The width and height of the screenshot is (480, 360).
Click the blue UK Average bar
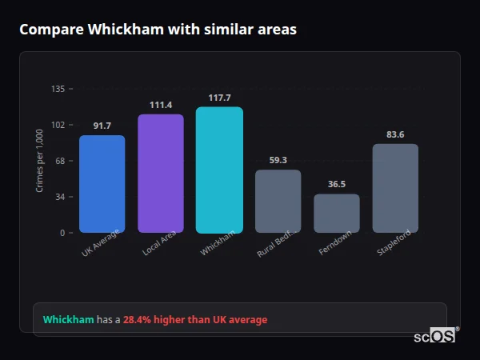102,184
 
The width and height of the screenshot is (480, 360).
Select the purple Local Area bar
161,174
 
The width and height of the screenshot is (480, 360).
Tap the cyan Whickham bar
219,170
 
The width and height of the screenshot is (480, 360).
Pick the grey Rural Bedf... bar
278,201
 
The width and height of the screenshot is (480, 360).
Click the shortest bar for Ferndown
337,214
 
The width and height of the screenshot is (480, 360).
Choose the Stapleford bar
395,188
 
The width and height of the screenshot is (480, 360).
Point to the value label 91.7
102,126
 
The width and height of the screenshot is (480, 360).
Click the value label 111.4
161,106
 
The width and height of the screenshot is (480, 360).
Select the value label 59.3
278,160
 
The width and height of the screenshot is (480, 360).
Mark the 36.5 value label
337,184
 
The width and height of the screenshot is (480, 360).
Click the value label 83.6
395,134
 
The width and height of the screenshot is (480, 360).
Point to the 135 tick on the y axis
58,89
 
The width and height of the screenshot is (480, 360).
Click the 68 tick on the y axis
59,161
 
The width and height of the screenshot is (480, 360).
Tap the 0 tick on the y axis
62,233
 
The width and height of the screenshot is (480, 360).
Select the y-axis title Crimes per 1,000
40,161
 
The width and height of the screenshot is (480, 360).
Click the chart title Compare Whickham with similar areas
158,30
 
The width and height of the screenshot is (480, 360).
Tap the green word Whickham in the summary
68,320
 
